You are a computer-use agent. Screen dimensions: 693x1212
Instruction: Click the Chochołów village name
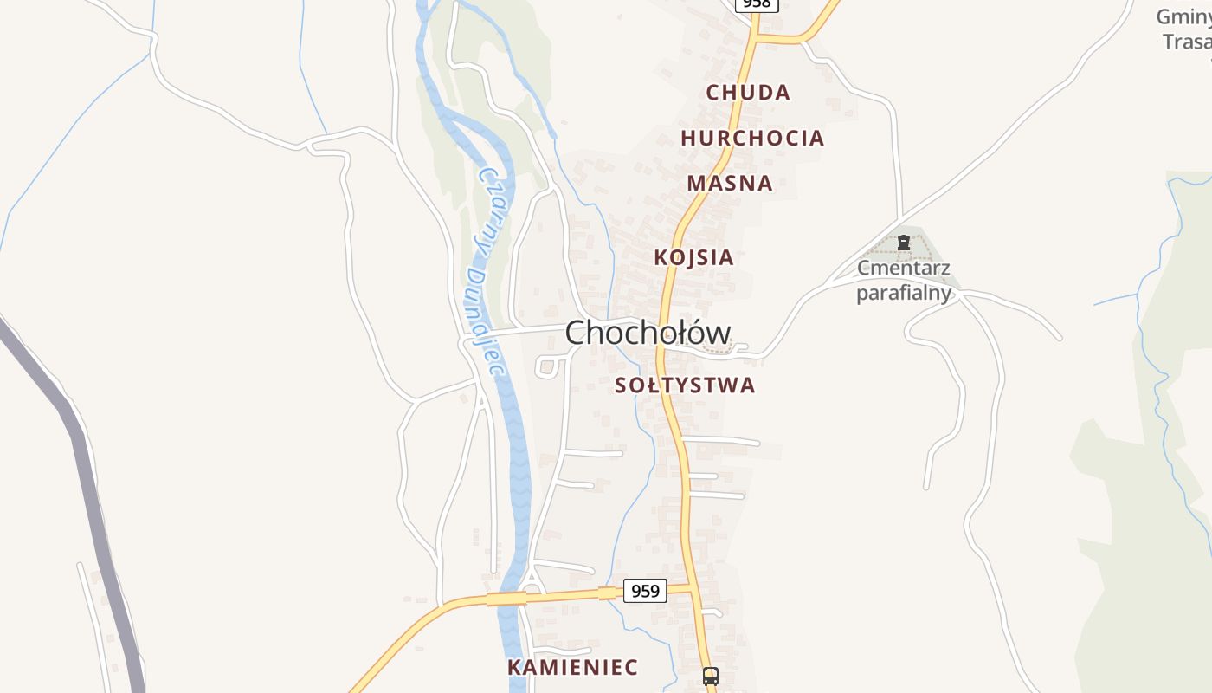[648, 333]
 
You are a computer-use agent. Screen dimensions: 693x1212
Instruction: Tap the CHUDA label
[748, 92]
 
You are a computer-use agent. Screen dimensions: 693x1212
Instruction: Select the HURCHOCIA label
[751, 138]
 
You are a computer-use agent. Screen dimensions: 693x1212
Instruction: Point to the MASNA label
[730, 183]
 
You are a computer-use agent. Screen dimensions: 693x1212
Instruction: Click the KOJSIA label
[693, 257]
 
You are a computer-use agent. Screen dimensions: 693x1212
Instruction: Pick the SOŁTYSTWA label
[685, 385]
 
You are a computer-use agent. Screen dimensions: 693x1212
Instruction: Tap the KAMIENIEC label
[572, 667]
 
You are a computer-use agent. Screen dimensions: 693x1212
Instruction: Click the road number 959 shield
[645, 591]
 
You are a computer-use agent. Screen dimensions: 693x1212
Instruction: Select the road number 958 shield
[757, 3]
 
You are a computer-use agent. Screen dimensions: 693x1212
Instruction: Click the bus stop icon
[710, 676]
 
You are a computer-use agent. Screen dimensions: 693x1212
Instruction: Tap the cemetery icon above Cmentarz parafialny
[904, 243]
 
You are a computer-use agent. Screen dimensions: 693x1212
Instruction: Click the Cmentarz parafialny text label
[904, 280]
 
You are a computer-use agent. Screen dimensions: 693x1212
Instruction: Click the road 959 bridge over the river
[507, 599]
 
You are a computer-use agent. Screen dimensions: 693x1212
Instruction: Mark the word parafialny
[904, 293]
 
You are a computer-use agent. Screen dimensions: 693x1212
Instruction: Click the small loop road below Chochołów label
[547, 366]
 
